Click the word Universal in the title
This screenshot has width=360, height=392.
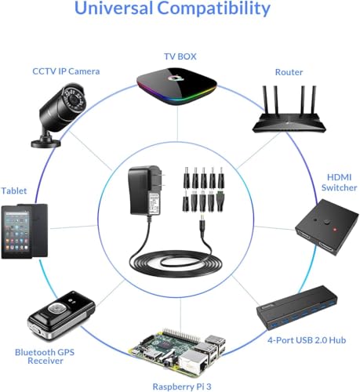[114, 8]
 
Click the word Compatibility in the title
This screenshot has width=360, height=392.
[214, 9]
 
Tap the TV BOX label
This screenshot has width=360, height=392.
[180, 56]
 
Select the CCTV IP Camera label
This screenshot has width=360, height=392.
[66, 71]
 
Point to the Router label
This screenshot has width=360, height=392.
[289, 72]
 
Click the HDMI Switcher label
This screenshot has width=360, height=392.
[339, 183]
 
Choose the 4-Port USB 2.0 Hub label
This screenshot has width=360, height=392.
[307, 340]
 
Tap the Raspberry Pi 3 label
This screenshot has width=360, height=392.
[182, 387]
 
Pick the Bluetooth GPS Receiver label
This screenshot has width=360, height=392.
[45, 357]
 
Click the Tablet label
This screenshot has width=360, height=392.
[14, 191]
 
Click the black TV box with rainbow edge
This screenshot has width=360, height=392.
[177, 85]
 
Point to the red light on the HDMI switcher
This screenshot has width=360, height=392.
[334, 230]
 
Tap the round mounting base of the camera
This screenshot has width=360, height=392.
[45, 143]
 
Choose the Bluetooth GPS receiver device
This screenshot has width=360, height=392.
[60, 315]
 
